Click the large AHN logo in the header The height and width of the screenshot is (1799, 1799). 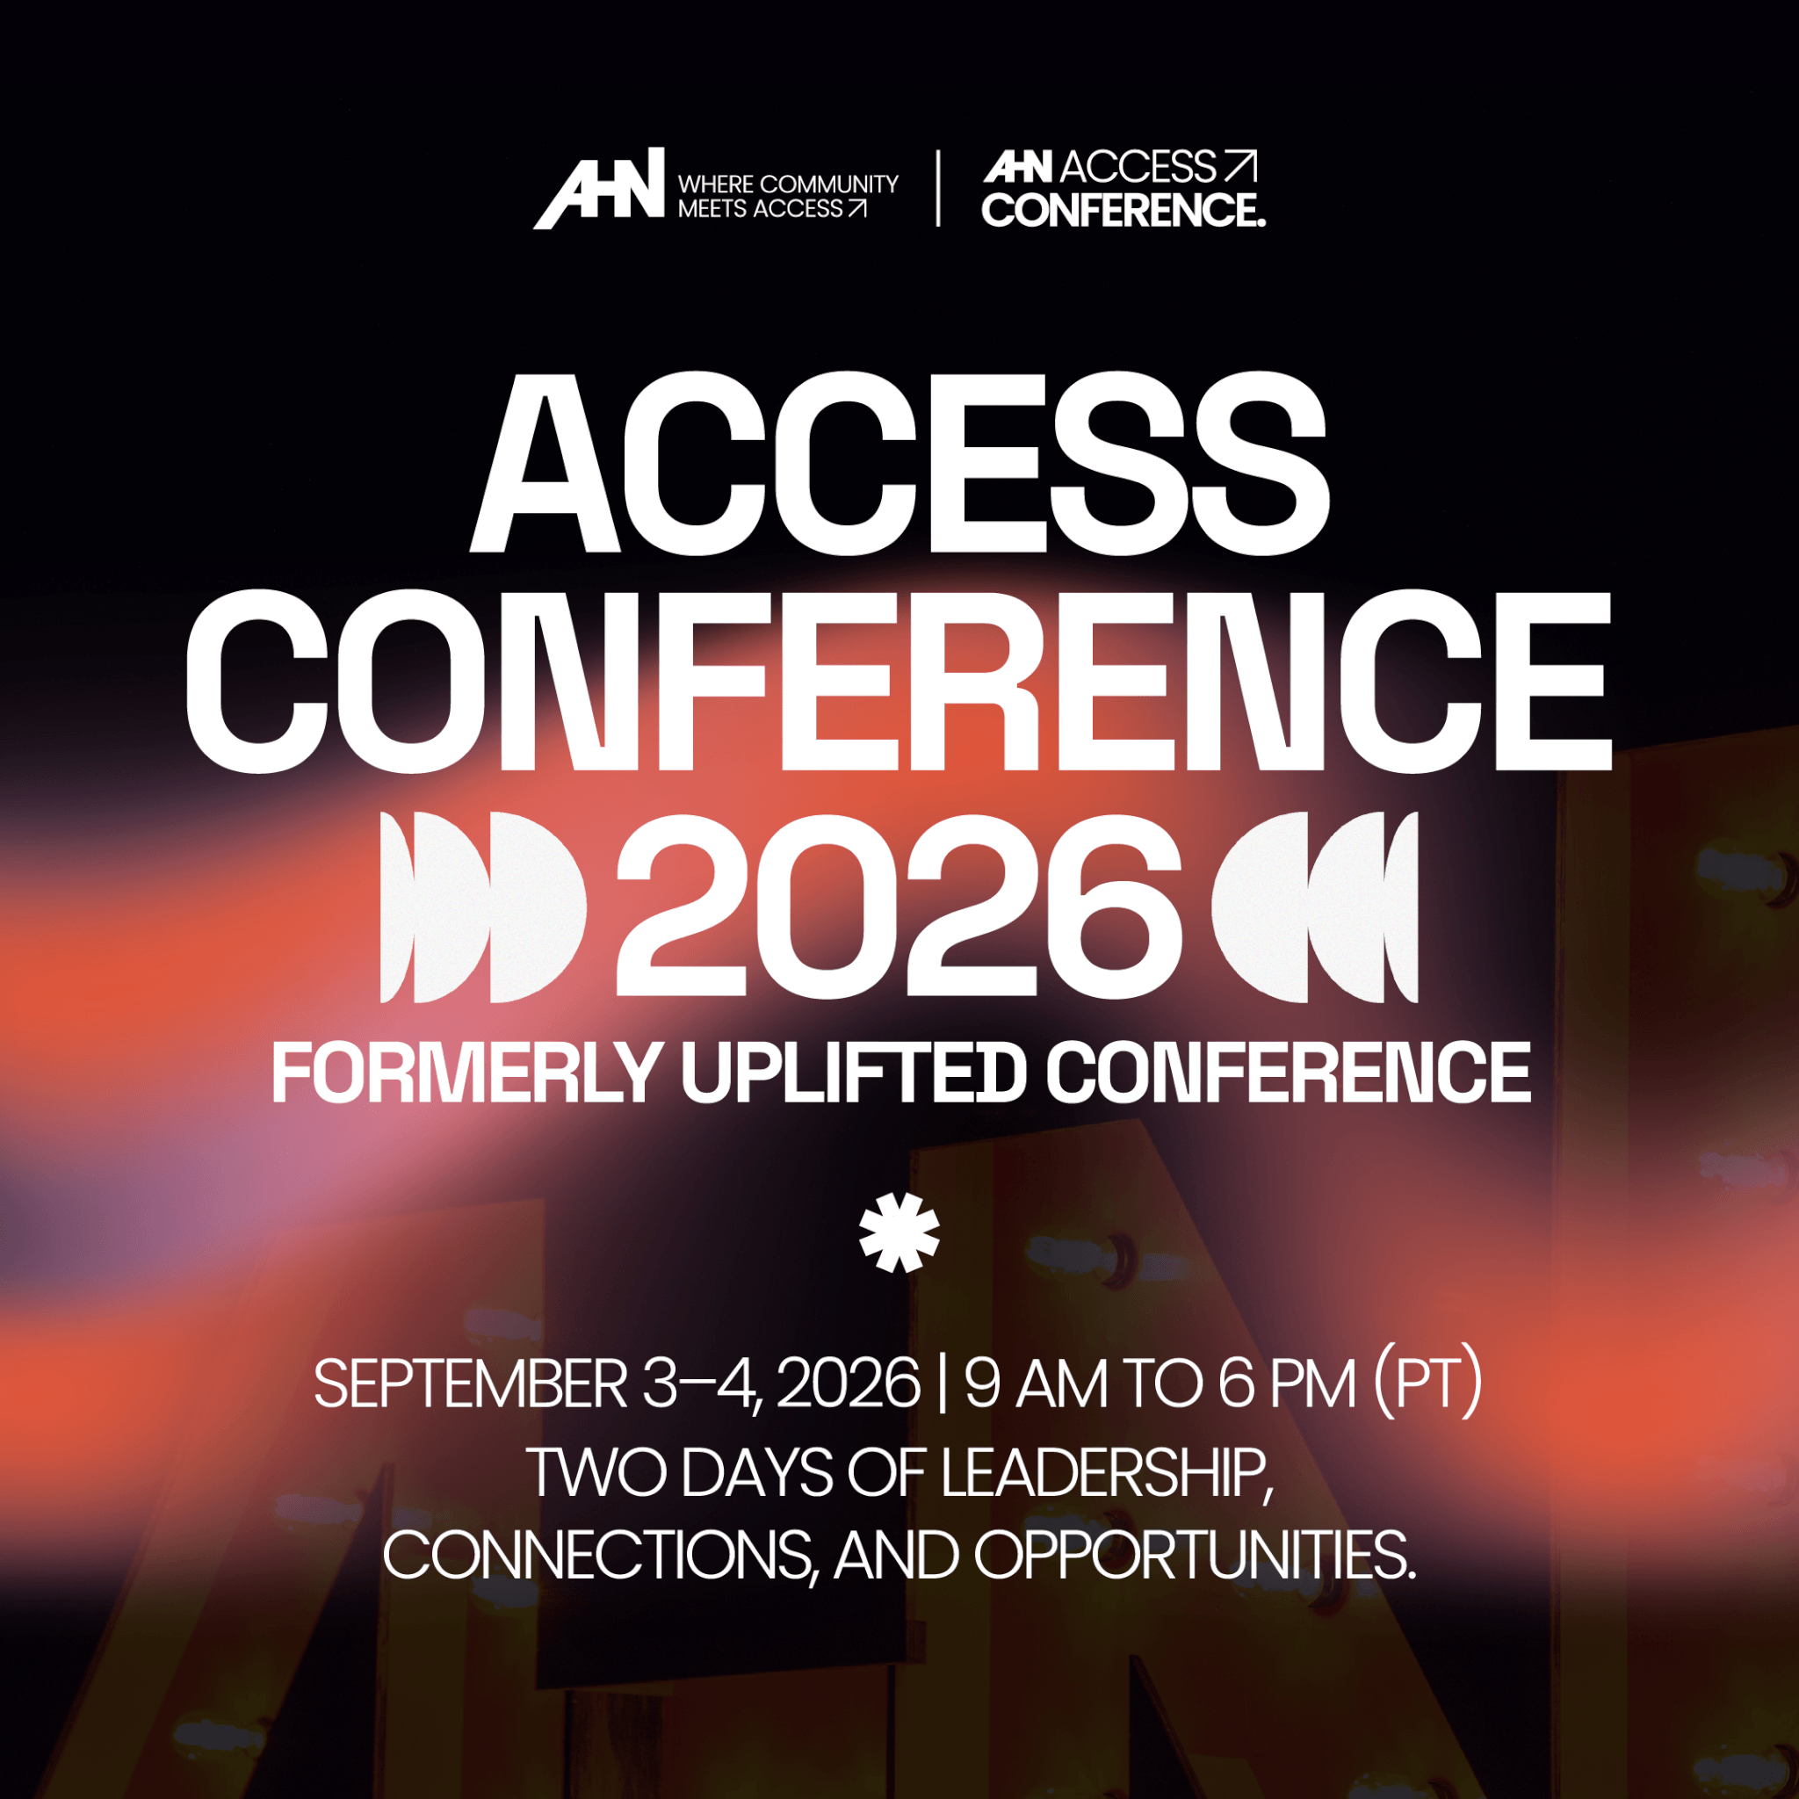pos(599,188)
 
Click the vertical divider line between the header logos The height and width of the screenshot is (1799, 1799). pos(937,188)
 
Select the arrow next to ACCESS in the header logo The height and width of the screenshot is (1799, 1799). pos(1240,167)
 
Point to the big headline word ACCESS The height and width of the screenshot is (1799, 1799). pos(899,463)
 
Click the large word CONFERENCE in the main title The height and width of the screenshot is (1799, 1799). pos(899,682)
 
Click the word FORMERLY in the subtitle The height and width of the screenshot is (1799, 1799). pos(466,1073)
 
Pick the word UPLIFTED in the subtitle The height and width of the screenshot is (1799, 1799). pos(853,1073)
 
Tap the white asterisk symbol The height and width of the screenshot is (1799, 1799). pos(899,1232)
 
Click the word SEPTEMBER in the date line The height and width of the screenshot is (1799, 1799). pos(471,1384)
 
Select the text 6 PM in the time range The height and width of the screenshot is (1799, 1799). pos(1287,1384)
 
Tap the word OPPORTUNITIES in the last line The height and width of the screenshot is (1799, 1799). pos(1195,1555)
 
